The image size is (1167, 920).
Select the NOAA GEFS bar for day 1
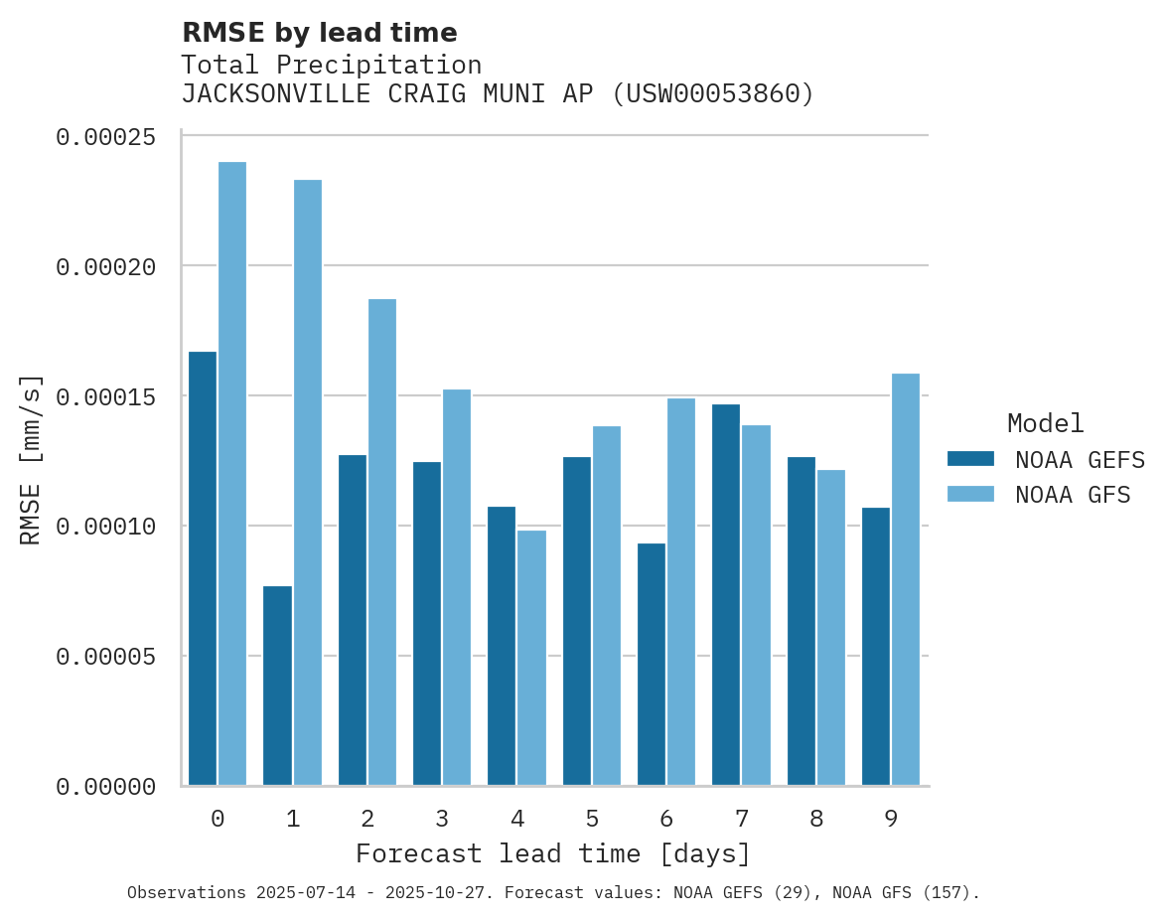[277, 686]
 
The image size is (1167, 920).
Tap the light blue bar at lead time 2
[382, 541]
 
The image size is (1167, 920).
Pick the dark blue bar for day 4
[502, 646]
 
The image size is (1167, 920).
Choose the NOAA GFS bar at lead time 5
[606, 605]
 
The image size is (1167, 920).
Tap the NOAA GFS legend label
[1073, 495]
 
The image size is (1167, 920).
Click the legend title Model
[1045, 423]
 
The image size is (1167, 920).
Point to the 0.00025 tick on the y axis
[105, 137]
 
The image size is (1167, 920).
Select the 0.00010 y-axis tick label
[105, 527]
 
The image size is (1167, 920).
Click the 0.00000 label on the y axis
[105, 787]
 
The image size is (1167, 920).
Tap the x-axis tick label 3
[442, 819]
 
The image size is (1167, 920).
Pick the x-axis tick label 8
[816, 819]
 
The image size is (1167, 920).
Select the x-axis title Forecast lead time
[553, 853]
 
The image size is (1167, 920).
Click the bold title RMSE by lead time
[319, 33]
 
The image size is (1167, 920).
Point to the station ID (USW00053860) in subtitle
[712, 94]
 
